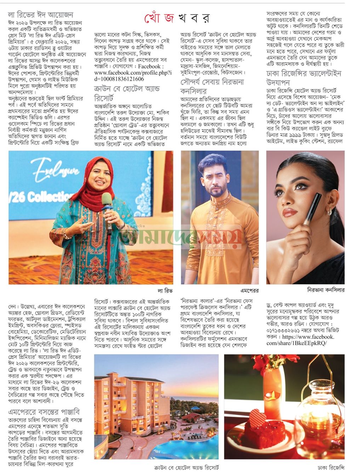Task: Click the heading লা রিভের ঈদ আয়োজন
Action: coord(41,15)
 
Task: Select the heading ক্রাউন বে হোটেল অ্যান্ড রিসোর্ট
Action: coord(127,93)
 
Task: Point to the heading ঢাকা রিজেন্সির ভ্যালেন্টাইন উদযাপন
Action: coord(304,78)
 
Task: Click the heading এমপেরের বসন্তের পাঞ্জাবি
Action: coord(44,412)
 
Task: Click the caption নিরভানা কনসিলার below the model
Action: coord(326,290)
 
